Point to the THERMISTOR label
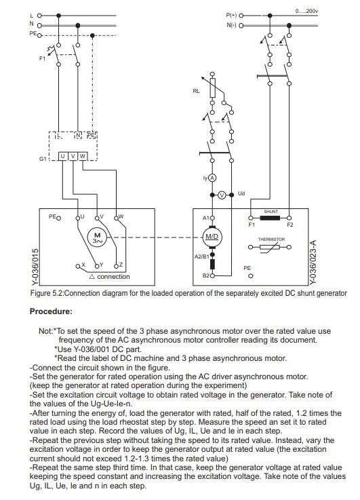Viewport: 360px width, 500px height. pyautogui.click(x=271, y=239)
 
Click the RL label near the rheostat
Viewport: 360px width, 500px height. pyautogui.click(x=197, y=90)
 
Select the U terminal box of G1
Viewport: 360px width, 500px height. pyautogui.click(x=63, y=156)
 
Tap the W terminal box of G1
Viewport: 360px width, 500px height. pyautogui.click(x=83, y=156)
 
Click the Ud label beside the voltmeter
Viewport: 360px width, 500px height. pyautogui.click(x=241, y=193)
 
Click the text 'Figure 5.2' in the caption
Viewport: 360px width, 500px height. pyautogui.click(x=46, y=293)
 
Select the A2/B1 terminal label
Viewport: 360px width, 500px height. pyautogui.click(x=200, y=257)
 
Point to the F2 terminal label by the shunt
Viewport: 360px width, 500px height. pyautogui.click(x=290, y=223)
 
